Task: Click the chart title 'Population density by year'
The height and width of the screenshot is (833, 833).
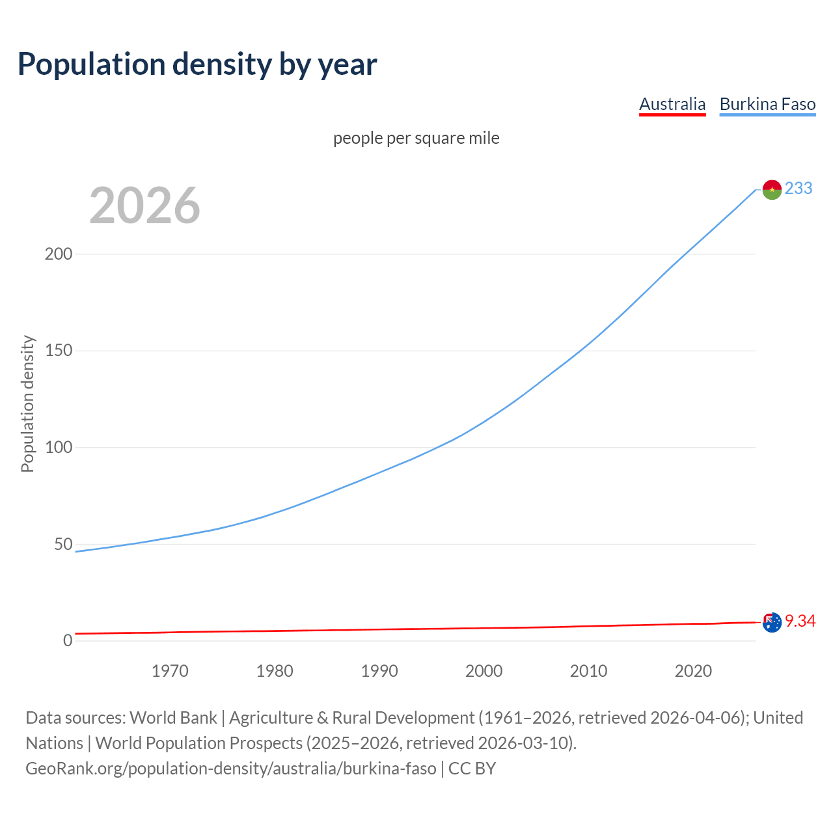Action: [197, 64]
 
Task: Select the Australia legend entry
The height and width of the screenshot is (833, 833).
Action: [672, 104]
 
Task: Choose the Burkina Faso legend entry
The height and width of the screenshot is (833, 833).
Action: [767, 104]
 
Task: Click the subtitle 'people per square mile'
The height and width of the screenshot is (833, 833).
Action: [416, 138]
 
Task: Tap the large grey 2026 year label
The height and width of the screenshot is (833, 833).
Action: [144, 206]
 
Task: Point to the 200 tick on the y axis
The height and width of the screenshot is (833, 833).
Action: [59, 254]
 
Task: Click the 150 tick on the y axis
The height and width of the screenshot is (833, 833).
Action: [59, 351]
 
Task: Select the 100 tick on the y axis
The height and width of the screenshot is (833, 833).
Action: [59, 448]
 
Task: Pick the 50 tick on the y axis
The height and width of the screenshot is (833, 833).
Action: [63, 544]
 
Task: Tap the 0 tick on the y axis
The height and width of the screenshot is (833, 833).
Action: [68, 640]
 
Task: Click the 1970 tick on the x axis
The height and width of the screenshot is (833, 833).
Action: [170, 671]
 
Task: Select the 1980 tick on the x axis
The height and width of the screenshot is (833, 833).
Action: [275, 671]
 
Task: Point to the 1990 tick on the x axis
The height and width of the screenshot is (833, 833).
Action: [379, 671]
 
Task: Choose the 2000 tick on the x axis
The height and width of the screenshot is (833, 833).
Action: [484, 671]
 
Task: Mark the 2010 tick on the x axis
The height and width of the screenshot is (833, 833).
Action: [588, 671]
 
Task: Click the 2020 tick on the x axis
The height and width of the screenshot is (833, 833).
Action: [693, 671]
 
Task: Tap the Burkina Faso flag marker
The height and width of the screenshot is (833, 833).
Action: [772, 189]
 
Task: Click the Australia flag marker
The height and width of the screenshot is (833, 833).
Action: [772, 623]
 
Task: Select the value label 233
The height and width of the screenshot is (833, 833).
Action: [799, 188]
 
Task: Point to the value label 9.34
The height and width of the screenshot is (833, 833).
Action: [800, 621]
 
